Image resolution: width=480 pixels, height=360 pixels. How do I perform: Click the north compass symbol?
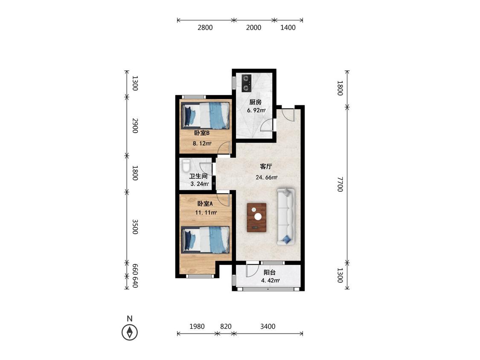(x=129, y=332)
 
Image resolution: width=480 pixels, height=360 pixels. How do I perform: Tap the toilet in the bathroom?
(x=186, y=165)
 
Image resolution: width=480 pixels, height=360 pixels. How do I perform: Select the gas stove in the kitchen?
(x=247, y=83)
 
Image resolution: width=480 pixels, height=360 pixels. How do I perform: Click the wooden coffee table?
(x=256, y=218)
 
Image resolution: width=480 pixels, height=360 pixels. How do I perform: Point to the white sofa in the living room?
(x=285, y=217)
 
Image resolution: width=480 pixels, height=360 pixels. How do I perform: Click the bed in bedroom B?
(x=205, y=116)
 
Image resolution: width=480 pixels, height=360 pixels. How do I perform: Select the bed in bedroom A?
(x=205, y=240)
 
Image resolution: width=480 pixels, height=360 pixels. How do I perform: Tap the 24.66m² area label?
(x=267, y=177)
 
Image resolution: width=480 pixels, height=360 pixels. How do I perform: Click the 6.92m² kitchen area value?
(x=256, y=110)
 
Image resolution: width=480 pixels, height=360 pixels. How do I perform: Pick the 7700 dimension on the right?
(x=340, y=184)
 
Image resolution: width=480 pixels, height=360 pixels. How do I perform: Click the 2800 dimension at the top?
(x=205, y=28)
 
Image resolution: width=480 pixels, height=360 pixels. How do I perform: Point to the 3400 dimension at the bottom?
(x=268, y=326)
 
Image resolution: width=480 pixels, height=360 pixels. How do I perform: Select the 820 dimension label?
(x=226, y=326)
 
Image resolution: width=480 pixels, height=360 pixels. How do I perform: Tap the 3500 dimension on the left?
(x=135, y=227)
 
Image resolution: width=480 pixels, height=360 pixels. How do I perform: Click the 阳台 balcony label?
(x=270, y=272)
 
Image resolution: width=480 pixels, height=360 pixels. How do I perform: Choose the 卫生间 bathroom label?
(x=198, y=176)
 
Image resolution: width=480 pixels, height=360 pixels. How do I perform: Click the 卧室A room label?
(x=205, y=203)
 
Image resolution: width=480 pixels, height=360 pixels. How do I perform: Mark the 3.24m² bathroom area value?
(x=200, y=184)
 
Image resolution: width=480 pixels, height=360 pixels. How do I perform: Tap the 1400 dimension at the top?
(x=288, y=28)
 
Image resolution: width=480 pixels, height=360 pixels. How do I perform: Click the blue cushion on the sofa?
(x=287, y=240)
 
